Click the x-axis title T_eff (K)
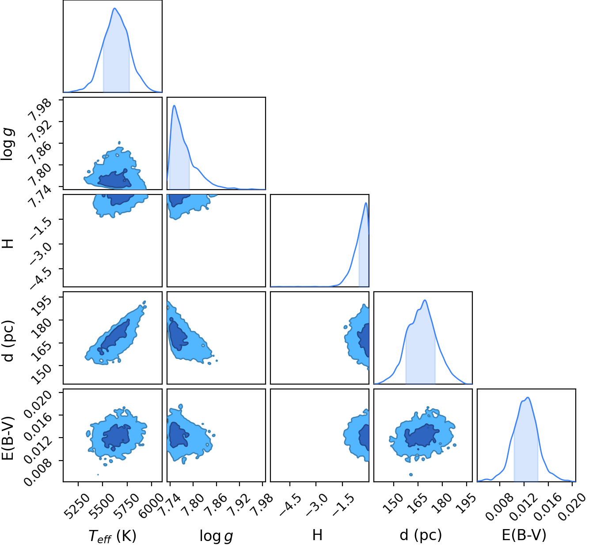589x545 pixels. point(112,536)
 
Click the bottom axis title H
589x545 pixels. point(317,535)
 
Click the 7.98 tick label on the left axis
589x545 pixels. point(40,110)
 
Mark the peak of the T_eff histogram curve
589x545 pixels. point(115,8)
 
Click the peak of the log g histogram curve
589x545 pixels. point(174,105)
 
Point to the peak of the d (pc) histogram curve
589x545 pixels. point(425,300)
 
